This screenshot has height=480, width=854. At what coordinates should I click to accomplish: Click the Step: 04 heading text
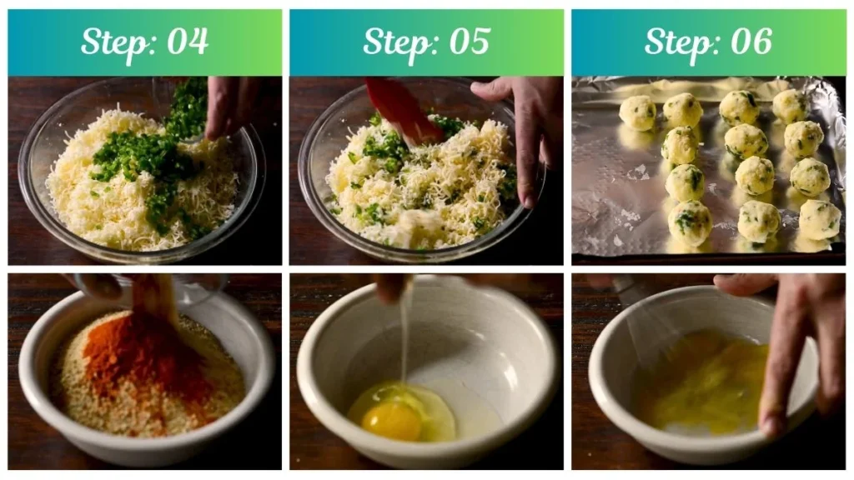[x=144, y=42]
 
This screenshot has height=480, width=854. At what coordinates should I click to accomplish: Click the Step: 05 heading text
[x=426, y=42]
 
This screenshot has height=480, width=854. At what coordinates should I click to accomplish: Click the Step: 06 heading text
[x=708, y=42]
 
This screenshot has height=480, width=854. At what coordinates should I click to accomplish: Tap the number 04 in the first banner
[x=188, y=42]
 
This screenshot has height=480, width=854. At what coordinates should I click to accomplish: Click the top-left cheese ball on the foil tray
[x=638, y=112]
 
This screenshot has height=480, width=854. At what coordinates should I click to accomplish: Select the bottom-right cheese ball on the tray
[x=819, y=219]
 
